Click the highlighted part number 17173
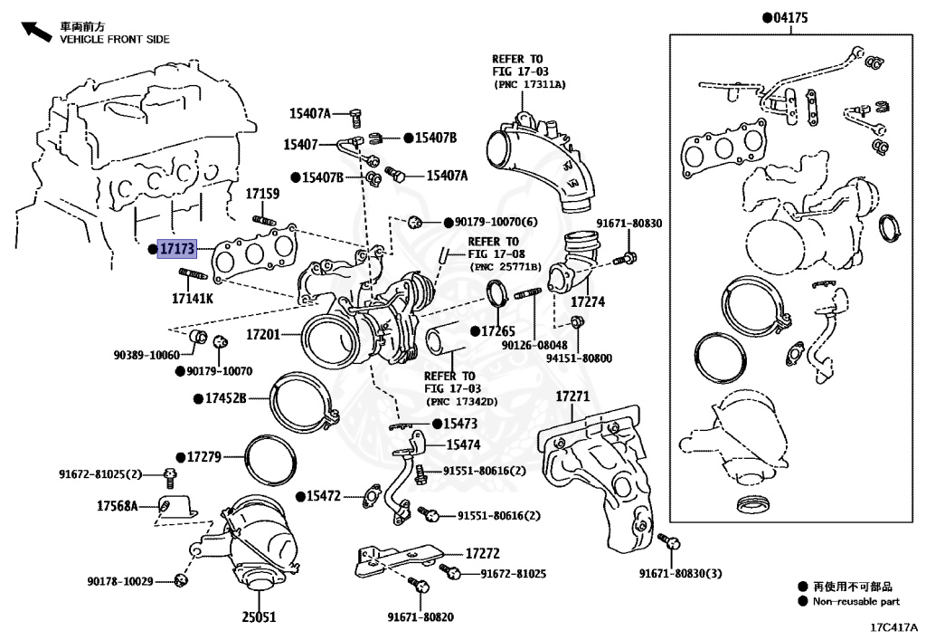[x=175, y=247]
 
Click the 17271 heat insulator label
[x=572, y=396]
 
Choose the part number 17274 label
[x=587, y=301]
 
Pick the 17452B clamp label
[x=225, y=397]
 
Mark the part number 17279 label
[x=204, y=456]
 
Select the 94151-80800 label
[x=579, y=358]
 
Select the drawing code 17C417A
[x=895, y=626]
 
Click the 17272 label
[x=483, y=552]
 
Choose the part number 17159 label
[x=262, y=194]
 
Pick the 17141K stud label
[x=193, y=298]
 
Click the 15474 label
[x=463, y=444]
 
